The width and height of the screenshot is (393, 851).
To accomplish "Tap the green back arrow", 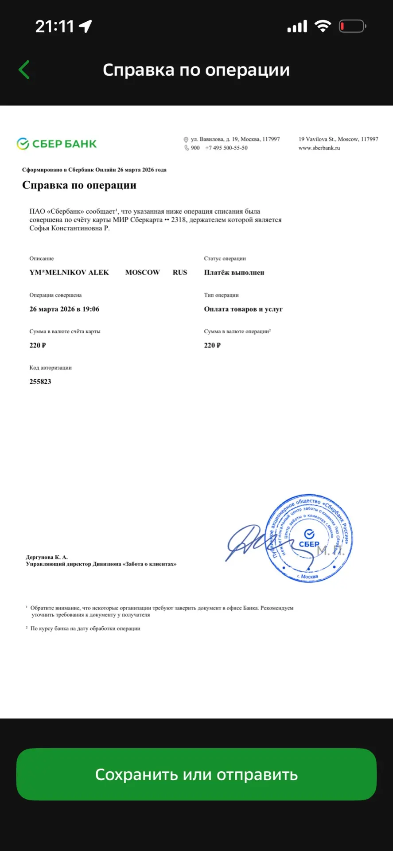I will click(24, 70).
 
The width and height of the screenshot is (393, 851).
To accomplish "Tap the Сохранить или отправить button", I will click(196, 774).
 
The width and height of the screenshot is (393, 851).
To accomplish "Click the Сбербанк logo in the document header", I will click(57, 144).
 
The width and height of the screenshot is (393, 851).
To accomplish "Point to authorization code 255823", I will click(40, 382).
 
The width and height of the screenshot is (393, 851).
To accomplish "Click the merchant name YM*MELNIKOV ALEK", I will click(69, 273).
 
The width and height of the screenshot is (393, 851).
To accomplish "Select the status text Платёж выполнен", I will click(234, 273).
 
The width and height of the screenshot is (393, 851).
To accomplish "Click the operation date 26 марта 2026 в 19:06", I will click(64, 309).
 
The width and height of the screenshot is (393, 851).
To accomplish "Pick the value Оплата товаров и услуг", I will click(243, 309).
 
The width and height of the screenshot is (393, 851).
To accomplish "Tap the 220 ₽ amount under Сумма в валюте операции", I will click(212, 345).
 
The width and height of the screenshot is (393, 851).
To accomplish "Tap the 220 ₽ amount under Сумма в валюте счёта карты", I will click(38, 345).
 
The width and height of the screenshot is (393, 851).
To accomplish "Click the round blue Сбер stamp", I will click(309, 538).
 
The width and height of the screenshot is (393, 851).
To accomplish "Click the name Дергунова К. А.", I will click(47, 557).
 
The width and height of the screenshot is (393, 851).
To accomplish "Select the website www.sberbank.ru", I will click(319, 148).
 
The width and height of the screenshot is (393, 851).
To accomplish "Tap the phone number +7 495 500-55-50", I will click(226, 148).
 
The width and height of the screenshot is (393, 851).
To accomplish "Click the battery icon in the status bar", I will click(352, 27).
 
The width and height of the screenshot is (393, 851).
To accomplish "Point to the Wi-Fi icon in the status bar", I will click(323, 27).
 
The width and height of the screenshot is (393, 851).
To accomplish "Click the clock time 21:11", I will click(54, 27).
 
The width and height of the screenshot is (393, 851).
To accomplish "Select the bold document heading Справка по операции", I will click(79, 185).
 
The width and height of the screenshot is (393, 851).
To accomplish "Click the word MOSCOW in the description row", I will click(142, 273).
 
